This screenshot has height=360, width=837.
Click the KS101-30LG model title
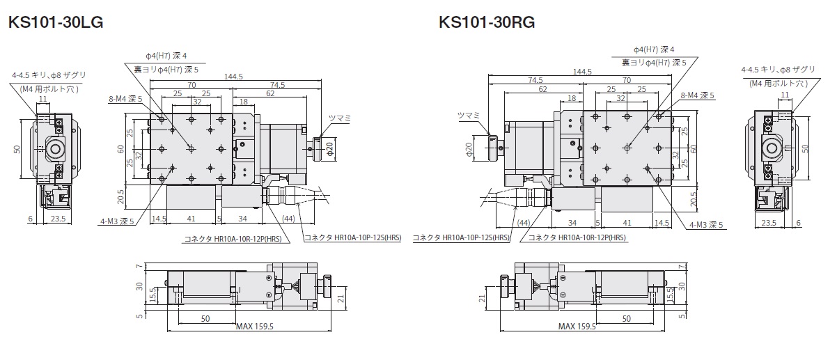[55, 23]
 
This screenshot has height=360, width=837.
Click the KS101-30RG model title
[487, 23]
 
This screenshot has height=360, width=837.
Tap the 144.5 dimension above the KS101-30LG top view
[233, 77]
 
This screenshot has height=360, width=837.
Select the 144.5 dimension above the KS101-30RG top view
[581, 72]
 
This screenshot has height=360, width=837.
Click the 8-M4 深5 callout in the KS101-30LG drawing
[125, 99]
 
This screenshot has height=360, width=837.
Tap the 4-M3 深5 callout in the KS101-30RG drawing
[706, 224]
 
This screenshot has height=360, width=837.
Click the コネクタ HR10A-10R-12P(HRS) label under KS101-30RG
[577, 237]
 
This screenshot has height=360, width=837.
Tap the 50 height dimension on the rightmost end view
[805, 148]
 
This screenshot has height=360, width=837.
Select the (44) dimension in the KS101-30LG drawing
[288, 219]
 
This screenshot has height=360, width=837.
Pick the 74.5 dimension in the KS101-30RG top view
[535, 79]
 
